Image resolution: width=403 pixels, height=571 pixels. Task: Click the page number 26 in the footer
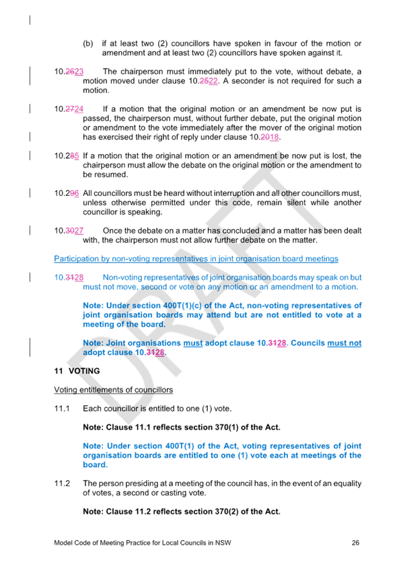[x=355, y=543]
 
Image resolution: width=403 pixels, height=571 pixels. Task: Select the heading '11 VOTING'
[x=77, y=371]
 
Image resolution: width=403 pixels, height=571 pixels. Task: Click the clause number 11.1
[x=62, y=409]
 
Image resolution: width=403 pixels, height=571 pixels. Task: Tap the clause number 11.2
[x=62, y=483]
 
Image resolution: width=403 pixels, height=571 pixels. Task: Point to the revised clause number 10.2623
[x=69, y=72]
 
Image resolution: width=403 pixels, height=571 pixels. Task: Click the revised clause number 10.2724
[x=69, y=109]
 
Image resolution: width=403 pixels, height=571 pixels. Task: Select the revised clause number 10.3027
[x=69, y=231]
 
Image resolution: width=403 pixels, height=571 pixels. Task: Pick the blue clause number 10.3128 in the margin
[x=69, y=277]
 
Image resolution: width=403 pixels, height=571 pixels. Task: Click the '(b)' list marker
[x=88, y=44]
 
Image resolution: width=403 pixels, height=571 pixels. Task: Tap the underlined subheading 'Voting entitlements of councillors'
[x=114, y=390]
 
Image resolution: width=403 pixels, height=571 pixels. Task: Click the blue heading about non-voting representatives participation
[x=196, y=259]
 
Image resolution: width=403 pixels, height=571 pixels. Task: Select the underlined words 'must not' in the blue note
[x=344, y=343]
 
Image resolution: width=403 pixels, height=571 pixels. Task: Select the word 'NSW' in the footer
[x=223, y=543]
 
